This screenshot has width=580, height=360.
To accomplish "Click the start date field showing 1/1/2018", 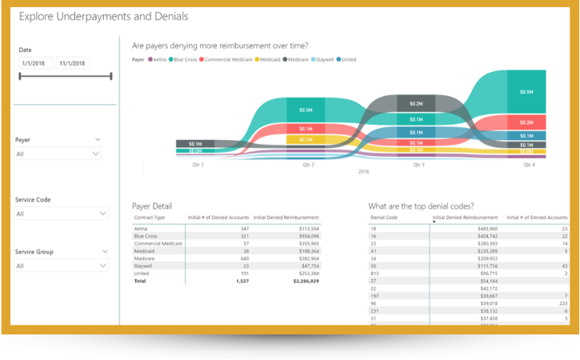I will [36, 63].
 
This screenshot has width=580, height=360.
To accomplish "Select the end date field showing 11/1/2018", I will [74, 63].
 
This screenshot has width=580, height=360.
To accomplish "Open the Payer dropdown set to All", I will [58, 154].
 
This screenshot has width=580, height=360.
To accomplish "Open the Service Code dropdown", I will [61, 214].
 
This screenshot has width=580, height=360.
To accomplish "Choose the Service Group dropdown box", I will [61, 266].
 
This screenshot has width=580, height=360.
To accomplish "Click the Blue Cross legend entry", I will [185, 59].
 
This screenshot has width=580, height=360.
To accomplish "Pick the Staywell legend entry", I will [324, 59].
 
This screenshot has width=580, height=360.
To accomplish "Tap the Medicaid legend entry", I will [268, 59].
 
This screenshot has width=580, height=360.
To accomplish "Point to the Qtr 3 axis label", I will [418, 165].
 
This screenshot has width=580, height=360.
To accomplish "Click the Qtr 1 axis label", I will [197, 165].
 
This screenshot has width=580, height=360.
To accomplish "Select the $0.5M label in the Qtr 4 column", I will [526, 92].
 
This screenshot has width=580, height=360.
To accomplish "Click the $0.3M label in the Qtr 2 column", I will [306, 110].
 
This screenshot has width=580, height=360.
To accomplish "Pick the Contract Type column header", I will [149, 218].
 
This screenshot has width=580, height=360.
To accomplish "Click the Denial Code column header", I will [384, 218].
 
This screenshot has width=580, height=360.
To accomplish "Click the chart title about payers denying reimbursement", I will [220, 46].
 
